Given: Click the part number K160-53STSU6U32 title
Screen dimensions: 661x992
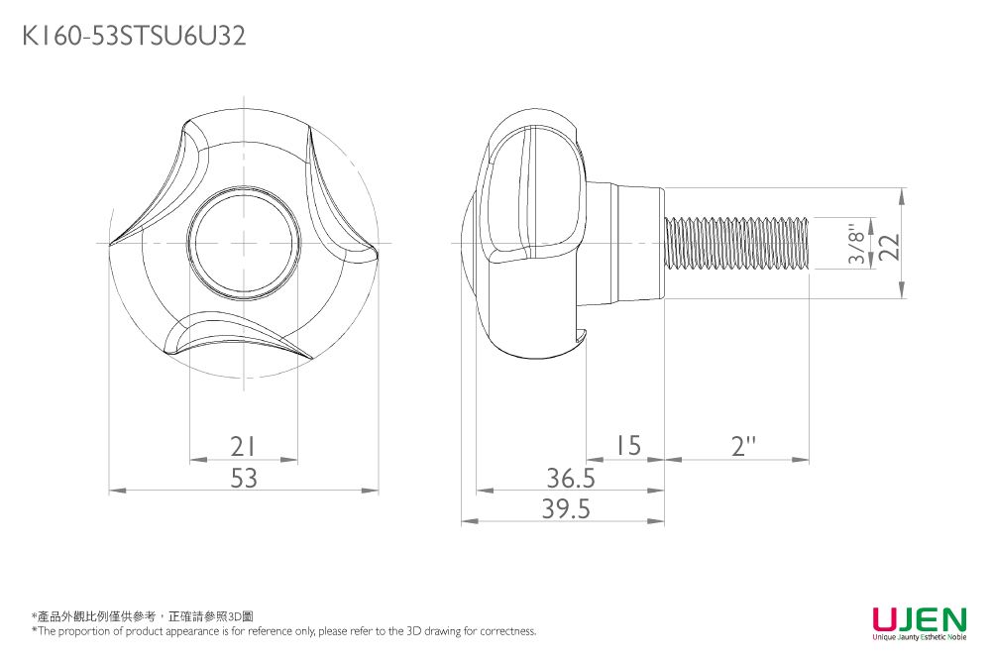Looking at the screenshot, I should tap(134, 37).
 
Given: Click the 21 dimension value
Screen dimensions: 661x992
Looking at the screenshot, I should tap(243, 447).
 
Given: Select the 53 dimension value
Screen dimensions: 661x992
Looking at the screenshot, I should tap(244, 479).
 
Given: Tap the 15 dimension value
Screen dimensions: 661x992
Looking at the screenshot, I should tap(626, 447).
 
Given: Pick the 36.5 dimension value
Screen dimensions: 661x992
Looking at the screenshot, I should tap(571, 479).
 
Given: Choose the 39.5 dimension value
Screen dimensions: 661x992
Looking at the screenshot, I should tap(566, 509).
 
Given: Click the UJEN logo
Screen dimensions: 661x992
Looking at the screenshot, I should tap(919, 620).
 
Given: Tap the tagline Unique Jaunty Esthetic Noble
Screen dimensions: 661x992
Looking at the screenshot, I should tap(919, 637).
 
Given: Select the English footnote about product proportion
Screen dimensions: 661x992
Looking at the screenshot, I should tap(283, 631).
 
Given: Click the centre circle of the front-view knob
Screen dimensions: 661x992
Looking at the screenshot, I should tap(243, 243).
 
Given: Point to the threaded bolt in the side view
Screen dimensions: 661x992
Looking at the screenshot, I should tap(738, 243).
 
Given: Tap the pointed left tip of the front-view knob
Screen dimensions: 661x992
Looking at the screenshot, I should tap(110, 242).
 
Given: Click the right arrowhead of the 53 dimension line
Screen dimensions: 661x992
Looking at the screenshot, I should tap(376, 490).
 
